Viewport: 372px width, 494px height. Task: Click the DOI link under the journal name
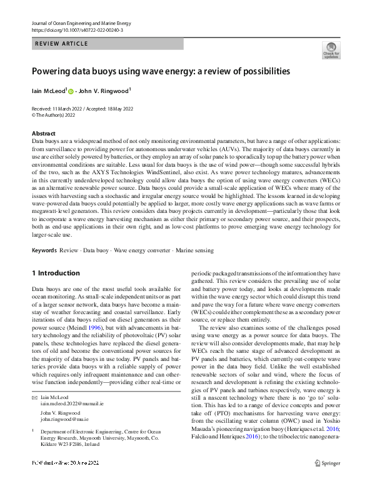(x=77, y=30)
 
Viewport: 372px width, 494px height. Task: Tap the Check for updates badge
(x=331, y=50)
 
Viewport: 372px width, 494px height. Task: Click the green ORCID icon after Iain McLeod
(x=71, y=91)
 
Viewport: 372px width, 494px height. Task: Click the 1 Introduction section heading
(x=56, y=274)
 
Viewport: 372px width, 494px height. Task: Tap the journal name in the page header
(x=81, y=22)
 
